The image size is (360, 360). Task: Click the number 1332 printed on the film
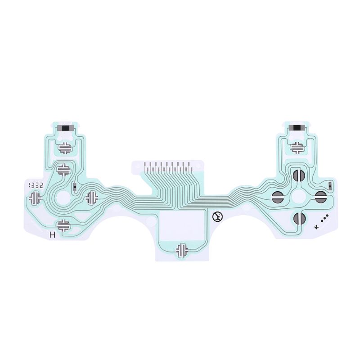pos(35,185)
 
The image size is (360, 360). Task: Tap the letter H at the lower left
pos(53,234)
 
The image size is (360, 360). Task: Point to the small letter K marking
pos(317,227)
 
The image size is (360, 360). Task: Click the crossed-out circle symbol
pos(217,217)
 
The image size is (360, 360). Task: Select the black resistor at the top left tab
pos(66,128)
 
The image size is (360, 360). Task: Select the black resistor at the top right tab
pos(297,128)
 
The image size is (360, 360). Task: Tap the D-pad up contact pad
pos(64,170)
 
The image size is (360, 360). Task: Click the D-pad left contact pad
pos(35,197)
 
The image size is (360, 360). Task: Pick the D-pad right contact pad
pos(92,197)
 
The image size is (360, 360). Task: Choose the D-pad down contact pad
pos(63,225)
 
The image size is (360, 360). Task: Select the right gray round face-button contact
pos(320,196)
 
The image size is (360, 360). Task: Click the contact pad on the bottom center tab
pos(182,250)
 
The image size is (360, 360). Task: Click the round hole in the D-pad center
pos(63,198)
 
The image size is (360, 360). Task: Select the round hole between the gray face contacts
pos(298,196)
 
